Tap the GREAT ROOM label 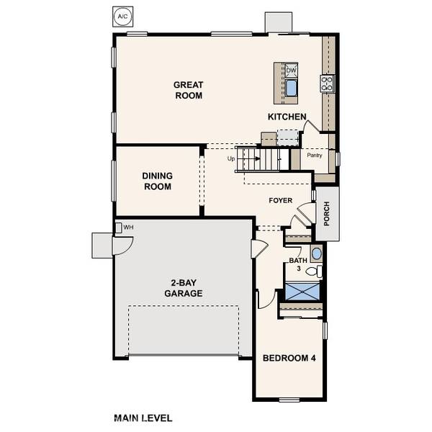(187, 90)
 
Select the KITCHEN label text (287, 117)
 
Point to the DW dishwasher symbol (292, 70)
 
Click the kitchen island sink (292, 89)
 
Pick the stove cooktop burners (328, 83)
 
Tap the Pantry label (315, 156)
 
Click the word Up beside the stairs (231, 158)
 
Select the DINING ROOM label (156, 181)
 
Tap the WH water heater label (128, 228)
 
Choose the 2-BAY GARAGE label (182, 288)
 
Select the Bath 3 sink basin (316, 253)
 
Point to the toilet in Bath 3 (313, 271)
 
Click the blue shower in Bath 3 (301, 292)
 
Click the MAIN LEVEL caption (143, 418)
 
